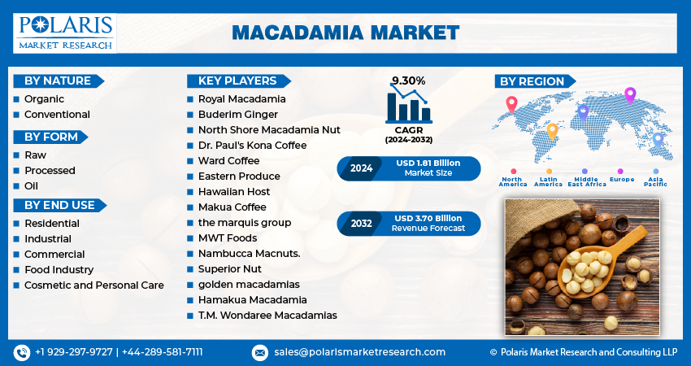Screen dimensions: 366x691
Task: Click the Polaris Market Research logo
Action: coord(65,33)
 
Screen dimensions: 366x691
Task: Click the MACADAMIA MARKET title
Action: coord(345,33)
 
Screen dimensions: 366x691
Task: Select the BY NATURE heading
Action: coord(56,81)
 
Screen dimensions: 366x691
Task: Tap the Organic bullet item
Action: coord(44,99)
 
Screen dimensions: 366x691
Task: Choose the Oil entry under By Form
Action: coord(31,186)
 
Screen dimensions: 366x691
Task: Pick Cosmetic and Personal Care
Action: coord(93,285)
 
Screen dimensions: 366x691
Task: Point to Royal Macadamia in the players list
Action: coord(241,99)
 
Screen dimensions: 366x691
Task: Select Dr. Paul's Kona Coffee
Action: coord(252,146)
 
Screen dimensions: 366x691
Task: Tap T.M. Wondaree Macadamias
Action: coord(267,316)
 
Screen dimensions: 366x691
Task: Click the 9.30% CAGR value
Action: coord(408,81)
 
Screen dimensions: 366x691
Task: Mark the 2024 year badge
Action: coord(361,169)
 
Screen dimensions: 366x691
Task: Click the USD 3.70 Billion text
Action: coord(428,218)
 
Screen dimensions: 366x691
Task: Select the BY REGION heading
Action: coord(532,81)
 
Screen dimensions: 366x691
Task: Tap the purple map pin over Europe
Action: coord(629,95)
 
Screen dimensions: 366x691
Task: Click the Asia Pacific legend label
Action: coord(656,181)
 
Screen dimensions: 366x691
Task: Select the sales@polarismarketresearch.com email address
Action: coord(359,352)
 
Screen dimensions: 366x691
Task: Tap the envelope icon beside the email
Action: coord(260,352)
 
